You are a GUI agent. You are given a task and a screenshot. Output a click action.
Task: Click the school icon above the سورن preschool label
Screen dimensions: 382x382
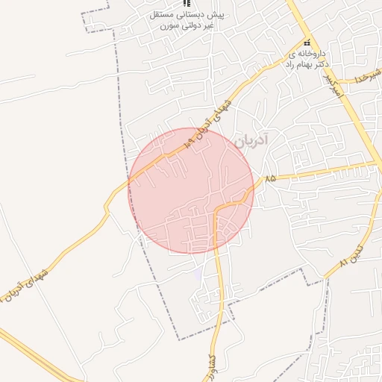[187, 4]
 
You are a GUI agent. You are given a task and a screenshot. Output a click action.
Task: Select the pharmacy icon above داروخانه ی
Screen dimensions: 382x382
[307, 43]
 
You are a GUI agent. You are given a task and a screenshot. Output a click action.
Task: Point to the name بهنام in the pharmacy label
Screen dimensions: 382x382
[297, 64]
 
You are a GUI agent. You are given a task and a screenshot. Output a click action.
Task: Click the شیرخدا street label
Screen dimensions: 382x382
[369, 75]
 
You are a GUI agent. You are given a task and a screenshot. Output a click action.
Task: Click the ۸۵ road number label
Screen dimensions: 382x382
[269, 179]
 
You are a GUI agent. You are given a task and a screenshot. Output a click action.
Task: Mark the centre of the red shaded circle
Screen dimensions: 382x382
[191, 190]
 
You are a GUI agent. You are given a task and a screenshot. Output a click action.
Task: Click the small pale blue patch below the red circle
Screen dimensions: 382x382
[197, 275]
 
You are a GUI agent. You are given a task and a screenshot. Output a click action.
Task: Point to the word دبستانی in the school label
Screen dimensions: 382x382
[210, 15]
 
